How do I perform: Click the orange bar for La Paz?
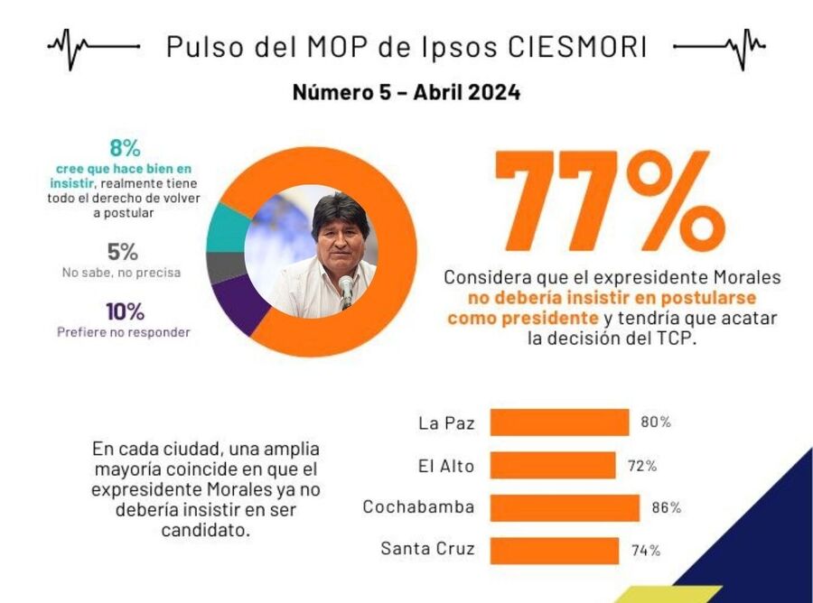coord(559,422)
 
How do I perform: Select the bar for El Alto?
coord(552,466)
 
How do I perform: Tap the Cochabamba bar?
coord(565,507)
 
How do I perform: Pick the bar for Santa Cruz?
coord(554,550)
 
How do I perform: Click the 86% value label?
coord(666,508)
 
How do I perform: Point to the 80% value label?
coord(656,422)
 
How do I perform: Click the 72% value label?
coord(641,466)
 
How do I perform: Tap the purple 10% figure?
coord(125,311)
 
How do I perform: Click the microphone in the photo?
coord(346,289)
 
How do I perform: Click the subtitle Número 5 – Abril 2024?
coord(406,93)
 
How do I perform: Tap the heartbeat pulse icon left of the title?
coord(93,46)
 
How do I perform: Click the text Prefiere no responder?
coord(125,332)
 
